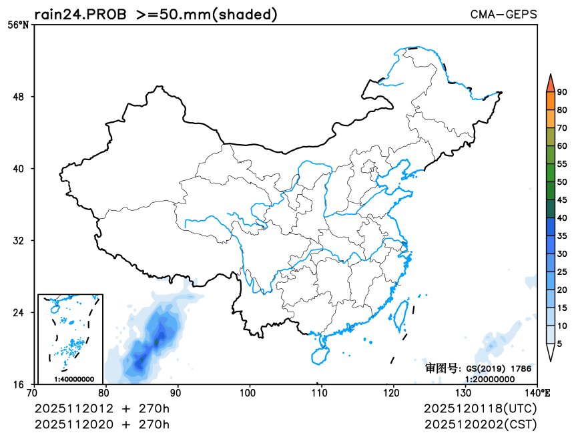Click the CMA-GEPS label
[504, 14]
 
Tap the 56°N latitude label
[19, 25]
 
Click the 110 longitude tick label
[321, 393]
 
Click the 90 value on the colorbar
[562, 92]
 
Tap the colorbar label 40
[562, 217]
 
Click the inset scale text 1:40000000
[73, 379]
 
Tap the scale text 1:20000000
[490, 379]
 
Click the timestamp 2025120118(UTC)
[480, 408]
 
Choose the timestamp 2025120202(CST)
[480, 424]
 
